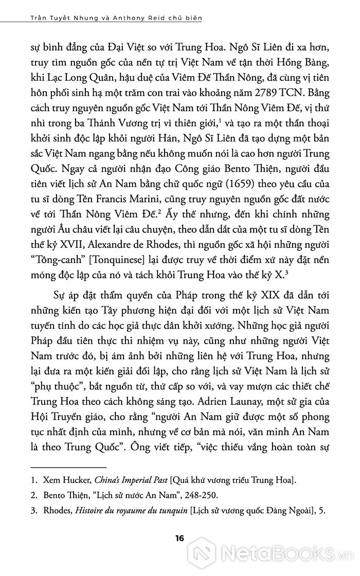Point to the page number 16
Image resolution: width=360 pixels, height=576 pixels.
click(x=179, y=539)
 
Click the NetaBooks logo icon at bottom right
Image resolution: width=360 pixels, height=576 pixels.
click(x=203, y=556)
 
